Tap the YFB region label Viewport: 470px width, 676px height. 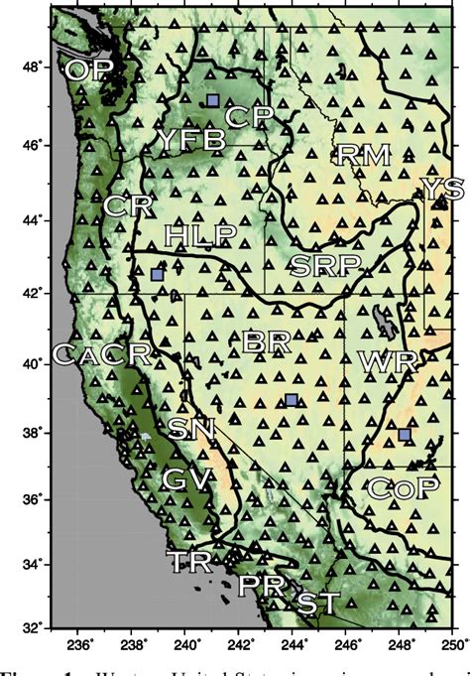pyautogui.click(x=190, y=140)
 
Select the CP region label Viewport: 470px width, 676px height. pyautogui.click(x=249, y=116)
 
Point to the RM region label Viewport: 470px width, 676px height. pyautogui.click(x=364, y=154)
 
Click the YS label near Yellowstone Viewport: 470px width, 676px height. pyautogui.click(x=442, y=189)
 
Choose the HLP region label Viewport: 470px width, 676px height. pyautogui.click(x=200, y=235)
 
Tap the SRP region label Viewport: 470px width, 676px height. pyautogui.click(x=324, y=264)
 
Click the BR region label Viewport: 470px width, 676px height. pyautogui.click(x=266, y=342)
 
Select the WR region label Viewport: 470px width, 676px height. pyautogui.click(x=380, y=361)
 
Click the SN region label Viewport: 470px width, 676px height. pyautogui.click(x=188, y=429)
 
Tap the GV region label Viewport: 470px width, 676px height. pyautogui.click(x=187, y=479)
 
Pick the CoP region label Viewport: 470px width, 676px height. pyautogui.click(x=402, y=487)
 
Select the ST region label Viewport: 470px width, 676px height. pyautogui.click(x=318, y=603)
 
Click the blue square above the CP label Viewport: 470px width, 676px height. pyautogui.click(x=213, y=99)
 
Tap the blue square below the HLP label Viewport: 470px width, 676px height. pyautogui.click(x=157, y=273)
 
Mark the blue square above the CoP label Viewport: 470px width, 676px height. pyautogui.click(x=405, y=434)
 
